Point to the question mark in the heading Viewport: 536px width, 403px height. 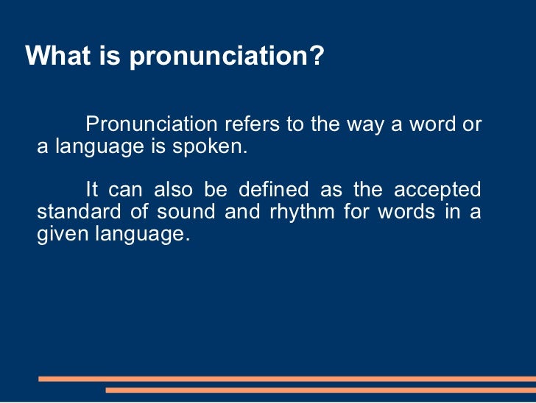coord(317,56)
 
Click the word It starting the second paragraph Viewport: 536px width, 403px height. coord(92,190)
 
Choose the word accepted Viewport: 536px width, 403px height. coord(437,190)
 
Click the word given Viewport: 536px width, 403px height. coord(60,235)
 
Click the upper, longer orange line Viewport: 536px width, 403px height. coord(287,379)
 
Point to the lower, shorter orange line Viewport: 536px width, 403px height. coord(320,390)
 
